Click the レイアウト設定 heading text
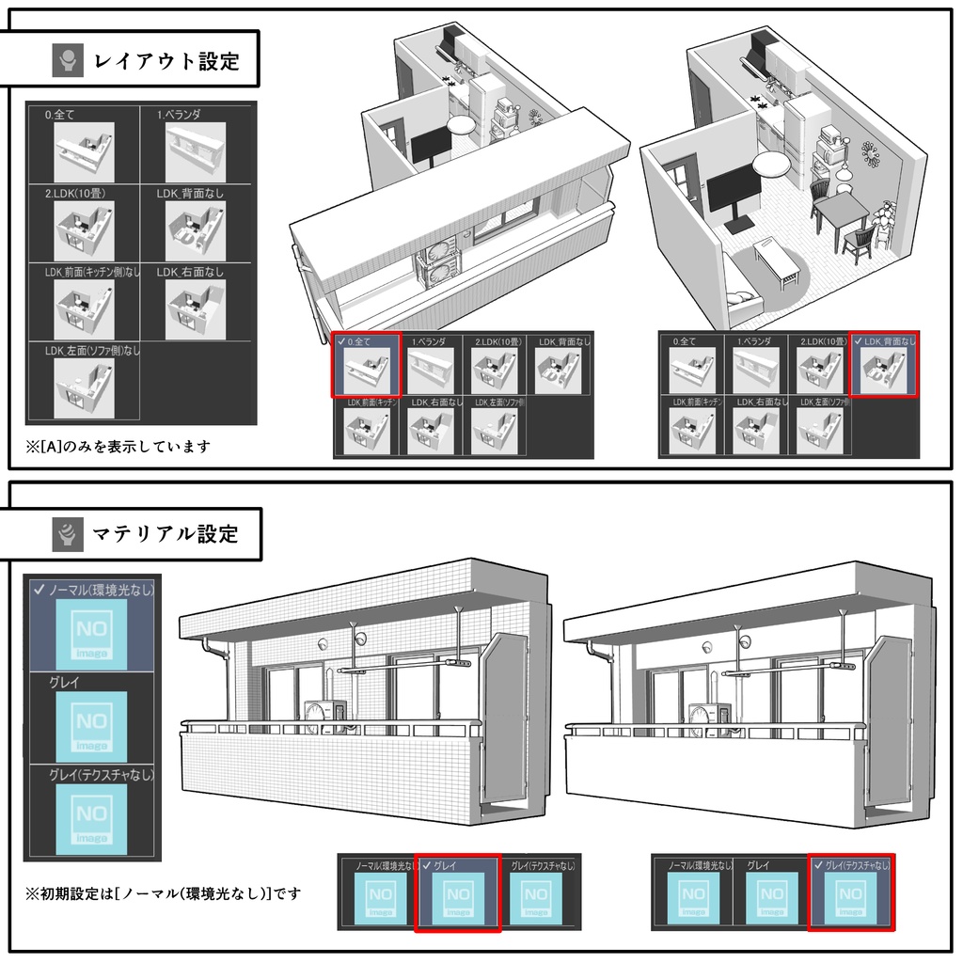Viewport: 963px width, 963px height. tap(166, 63)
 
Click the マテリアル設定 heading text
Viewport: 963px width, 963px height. tap(166, 535)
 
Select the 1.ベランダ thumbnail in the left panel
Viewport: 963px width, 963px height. tap(196, 150)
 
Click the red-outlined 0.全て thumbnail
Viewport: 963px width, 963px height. tap(367, 368)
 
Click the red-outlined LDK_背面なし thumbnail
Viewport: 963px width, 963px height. tap(885, 368)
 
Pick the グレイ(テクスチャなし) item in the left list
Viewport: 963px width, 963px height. tap(92, 813)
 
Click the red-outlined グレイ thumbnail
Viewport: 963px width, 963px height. tap(458, 894)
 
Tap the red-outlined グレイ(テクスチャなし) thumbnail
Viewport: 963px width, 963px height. tap(850, 894)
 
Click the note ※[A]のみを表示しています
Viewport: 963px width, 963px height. tap(118, 446)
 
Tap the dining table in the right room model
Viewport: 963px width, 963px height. tap(842, 211)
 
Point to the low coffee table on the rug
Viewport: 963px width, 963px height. tap(777, 258)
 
